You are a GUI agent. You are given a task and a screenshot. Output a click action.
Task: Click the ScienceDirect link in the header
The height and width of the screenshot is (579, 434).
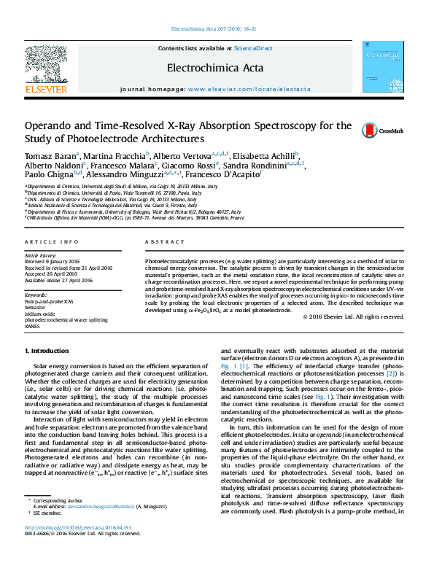pyautogui.click(x=253, y=48)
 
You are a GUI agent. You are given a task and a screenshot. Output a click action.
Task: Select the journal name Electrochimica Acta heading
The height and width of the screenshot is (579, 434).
pyautogui.click(x=215, y=68)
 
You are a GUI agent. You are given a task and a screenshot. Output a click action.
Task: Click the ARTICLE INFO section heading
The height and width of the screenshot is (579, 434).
pyautogui.click(x=51, y=241)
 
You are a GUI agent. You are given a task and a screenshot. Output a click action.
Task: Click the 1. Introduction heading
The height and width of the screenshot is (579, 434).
pyautogui.click(x=47, y=351)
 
